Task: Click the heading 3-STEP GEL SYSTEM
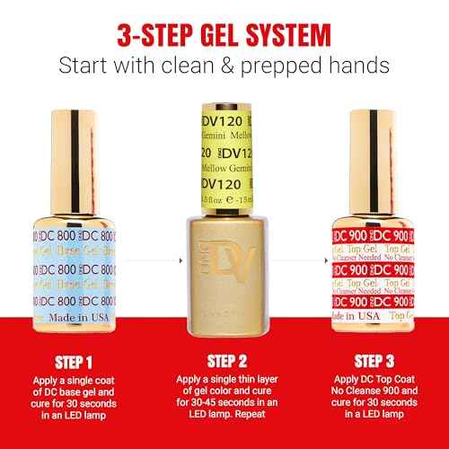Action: tap(224, 33)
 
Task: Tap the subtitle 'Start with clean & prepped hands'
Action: tap(224, 66)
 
